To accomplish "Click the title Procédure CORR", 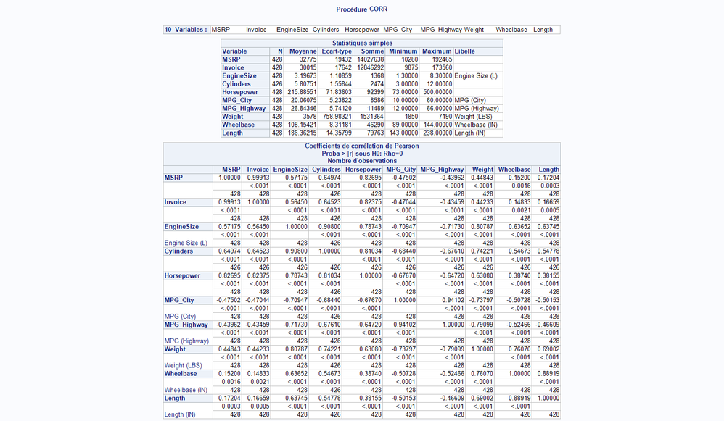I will point(361,9).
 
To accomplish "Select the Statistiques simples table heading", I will point(361,43).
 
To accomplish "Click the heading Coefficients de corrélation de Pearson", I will point(361,146).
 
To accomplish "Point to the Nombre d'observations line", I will point(361,160).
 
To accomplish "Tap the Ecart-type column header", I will point(337,51).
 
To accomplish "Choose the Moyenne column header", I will point(303,51).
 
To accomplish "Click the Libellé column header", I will point(465,51).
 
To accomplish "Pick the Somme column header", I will point(373,51).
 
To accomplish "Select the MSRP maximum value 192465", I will point(438,59).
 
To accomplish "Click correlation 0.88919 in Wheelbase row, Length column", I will point(546,374).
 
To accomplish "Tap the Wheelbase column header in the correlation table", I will point(514,170).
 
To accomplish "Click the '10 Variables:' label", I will point(186,30).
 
